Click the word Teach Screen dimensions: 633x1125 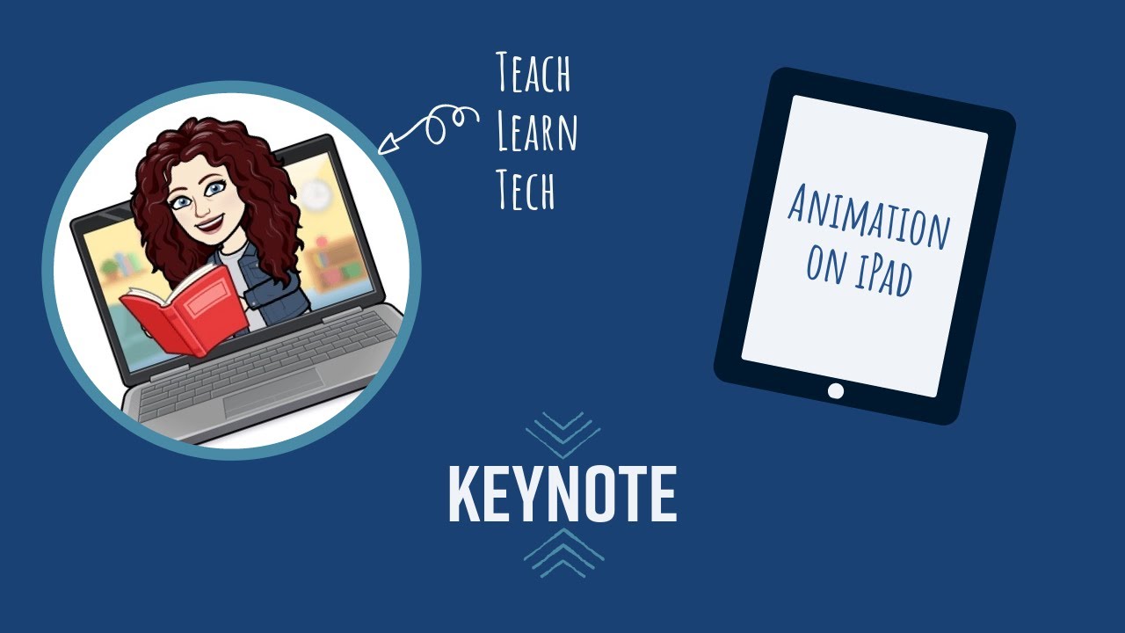click(533, 74)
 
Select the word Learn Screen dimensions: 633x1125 click(537, 132)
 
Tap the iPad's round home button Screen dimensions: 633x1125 click(836, 390)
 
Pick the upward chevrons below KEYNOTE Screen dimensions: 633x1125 click(563, 554)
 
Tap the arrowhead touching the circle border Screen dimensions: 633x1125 click(384, 148)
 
